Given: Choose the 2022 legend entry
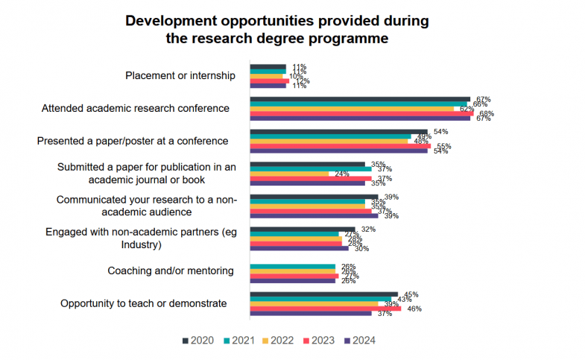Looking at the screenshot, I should click(x=280, y=341).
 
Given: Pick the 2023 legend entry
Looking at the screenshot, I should click(x=320, y=341).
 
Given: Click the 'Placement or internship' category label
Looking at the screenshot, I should click(x=180, y=75).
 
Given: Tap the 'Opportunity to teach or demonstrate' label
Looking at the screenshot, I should click(x=144, y=303).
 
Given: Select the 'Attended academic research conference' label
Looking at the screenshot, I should click(x=135, y=108).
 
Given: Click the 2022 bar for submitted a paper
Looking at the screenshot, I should click(x=289, y=174).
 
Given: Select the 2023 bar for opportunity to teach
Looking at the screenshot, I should click(x=325, y=309).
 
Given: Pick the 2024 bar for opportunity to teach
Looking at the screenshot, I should click(x=310, y=313).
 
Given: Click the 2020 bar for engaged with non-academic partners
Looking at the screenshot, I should click(x=303, y=230).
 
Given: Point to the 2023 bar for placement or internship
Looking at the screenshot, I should click(x=269, y=80).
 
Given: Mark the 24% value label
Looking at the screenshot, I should click(x=342, y=174).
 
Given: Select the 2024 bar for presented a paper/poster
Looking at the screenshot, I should click(x=338, y=151).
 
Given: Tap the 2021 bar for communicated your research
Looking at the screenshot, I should click(x=307, y=201).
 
